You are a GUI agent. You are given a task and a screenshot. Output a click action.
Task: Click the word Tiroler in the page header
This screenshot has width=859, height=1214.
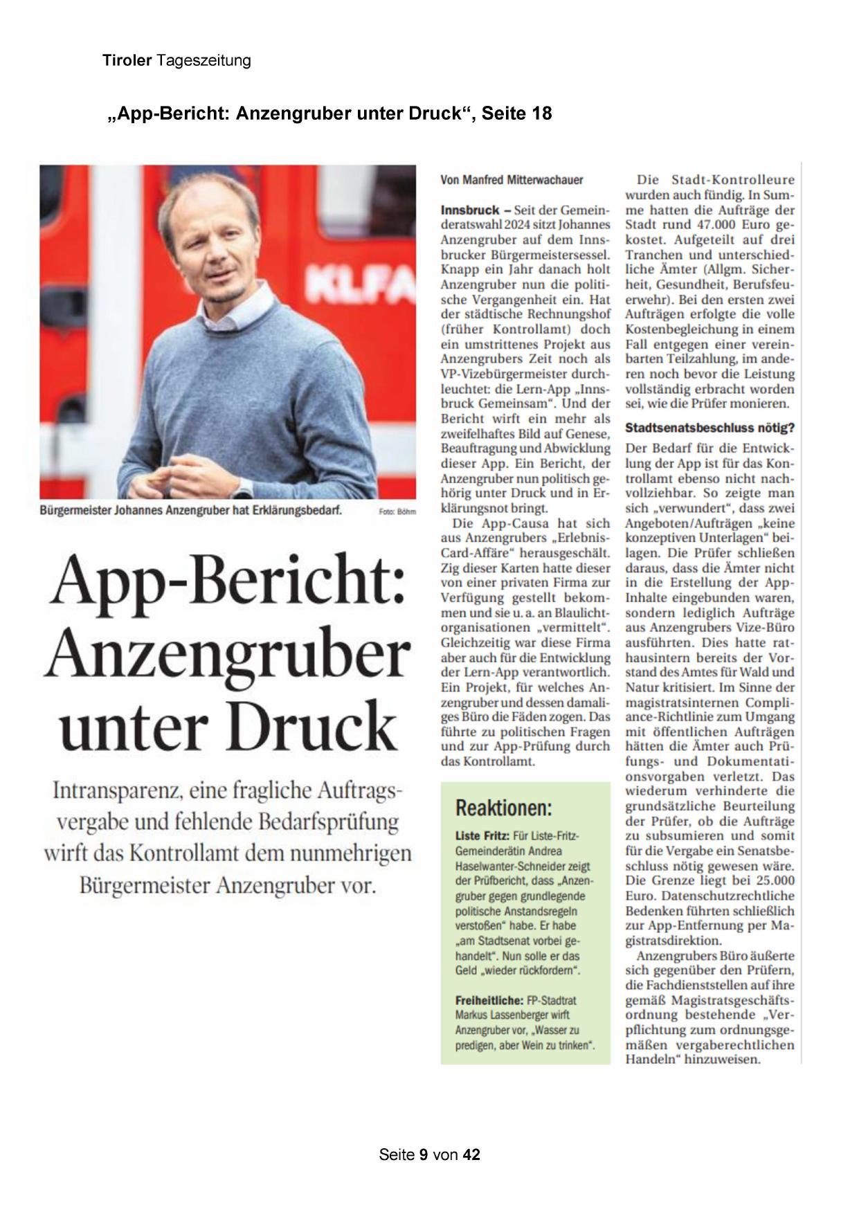[127, 60]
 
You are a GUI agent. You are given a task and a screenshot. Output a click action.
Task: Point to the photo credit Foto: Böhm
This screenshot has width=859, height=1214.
[397, 512]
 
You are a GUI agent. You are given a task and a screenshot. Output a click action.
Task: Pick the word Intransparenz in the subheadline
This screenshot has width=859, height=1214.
[113, 790]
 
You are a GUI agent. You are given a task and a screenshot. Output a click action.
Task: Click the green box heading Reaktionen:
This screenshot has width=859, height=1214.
[503, 807]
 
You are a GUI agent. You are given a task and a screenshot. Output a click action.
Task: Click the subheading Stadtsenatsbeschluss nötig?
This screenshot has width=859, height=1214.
[709, 428]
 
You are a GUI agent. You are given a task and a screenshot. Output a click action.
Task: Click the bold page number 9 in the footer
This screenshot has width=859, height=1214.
[423, 1154]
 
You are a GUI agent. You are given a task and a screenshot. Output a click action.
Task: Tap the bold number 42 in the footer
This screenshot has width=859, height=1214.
[471, 1154]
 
